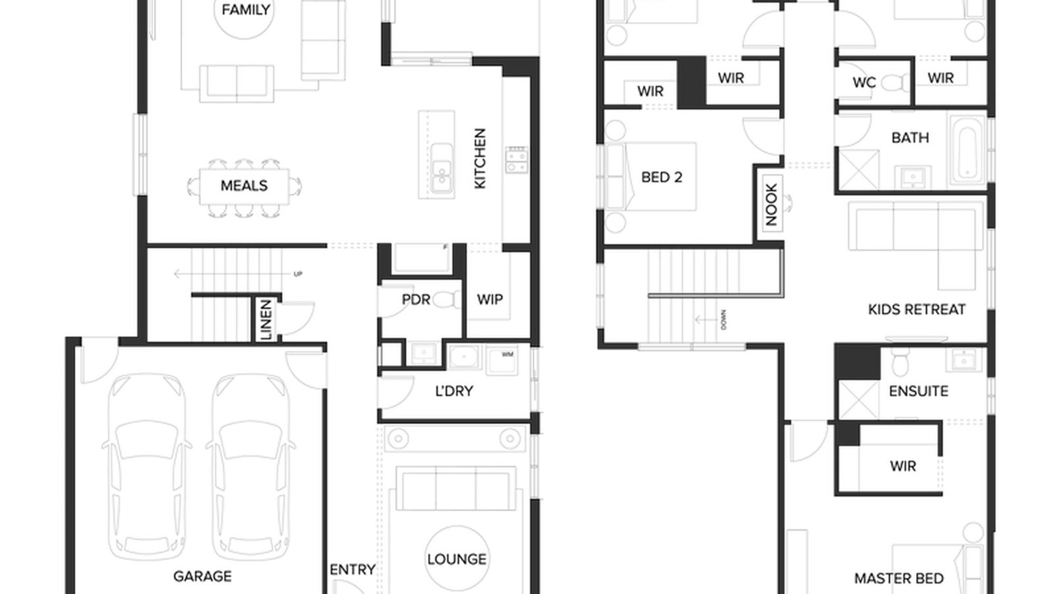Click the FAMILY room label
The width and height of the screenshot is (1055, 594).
(245, 10)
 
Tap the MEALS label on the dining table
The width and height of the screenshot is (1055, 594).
(244, 185)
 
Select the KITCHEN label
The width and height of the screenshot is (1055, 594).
(480, 158)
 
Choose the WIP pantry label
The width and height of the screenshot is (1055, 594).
(490, 299)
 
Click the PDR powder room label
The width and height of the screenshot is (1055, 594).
(416, 300)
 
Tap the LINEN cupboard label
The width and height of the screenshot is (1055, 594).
(266, 319)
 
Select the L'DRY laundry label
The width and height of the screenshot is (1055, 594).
(454, 391)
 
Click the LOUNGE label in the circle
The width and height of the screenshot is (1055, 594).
(457, 559)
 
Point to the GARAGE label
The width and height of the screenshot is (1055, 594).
(202, 576)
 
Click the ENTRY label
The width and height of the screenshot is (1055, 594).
(352, 569)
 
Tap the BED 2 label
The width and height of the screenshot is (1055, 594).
(661, 177)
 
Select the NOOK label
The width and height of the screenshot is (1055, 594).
(771, 204)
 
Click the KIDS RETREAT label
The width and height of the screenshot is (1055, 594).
(917, 309)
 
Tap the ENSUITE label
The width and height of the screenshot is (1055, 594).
(919, 391)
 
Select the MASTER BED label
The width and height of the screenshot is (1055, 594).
(899, 578)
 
